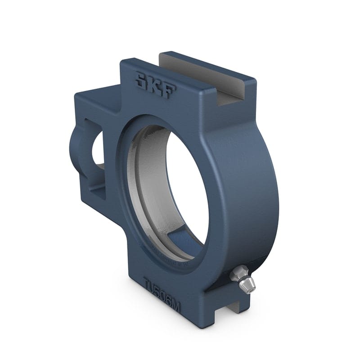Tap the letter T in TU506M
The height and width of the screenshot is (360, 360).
click(147, 286)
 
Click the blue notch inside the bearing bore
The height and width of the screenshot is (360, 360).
click(180, 241)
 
